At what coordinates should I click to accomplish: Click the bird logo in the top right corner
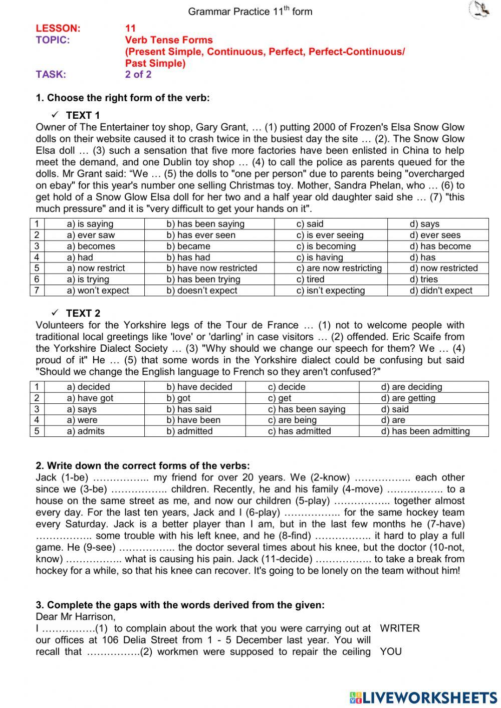pyautogui.click(x=481, y=10)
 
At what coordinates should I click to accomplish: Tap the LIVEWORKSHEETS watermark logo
pyautogui.click(x=423, y=697)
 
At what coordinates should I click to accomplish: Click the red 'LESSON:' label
pyautogui.click(x=58, y=28)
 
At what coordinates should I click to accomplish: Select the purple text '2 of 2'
pyautogui.click(x=138, y=75)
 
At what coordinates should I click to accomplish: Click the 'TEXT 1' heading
pyautogui.click(x=83, y=115)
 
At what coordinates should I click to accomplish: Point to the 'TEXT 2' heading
pyautogui.click(x=83, y=313)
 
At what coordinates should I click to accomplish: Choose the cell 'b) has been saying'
pyautogui.click(x=205, y=224)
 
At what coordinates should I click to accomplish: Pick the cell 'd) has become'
pyautogui.click(x=440, y=246)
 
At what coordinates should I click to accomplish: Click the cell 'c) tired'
pyautogui.click(x=310, y=279)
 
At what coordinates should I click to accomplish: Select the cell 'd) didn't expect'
pyautogui.click(x=441, y=290)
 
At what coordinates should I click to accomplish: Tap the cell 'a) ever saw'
pyautogui.click(x=91, y=235)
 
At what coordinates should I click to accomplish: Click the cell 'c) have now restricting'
pyautogui.click(x=339, y=268)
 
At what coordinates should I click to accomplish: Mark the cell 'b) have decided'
pyautogui.click(x=199, y=387)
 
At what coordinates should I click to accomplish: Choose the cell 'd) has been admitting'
pyautogui.click(x=425, y=431)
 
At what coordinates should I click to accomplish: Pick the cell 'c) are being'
pyautogui.click(x=292, y=420)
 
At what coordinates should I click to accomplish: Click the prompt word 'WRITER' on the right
pyautogui.click(x=400, y=628)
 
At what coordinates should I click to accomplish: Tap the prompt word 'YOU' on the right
pyautogui.click(x=391, y=651)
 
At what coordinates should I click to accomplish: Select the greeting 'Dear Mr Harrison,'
pyautogui.click(x=76, y=617)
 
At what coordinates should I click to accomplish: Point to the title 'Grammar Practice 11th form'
pyautogui.click(x=250, y=11)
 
